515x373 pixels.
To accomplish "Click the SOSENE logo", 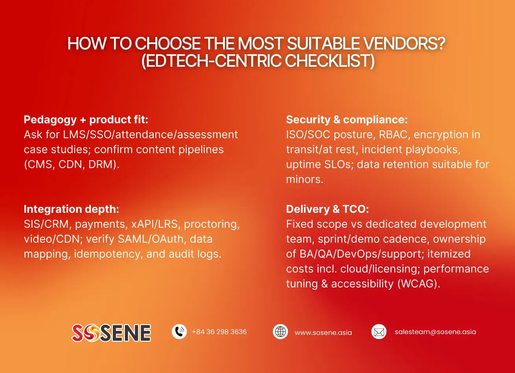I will [x=111, y=333].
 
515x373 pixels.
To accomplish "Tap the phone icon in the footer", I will [x=179, y=332].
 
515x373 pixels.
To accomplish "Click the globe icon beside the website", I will [x=280, y=332].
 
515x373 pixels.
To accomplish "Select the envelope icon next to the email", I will [x=379, y=332].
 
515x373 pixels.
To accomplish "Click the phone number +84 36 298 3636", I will [x=219, y=332].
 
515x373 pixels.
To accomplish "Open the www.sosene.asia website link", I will [x=323, y=333].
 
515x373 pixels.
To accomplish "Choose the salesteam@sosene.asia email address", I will [x=435, y=332].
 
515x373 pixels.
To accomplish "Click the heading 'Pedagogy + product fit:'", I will [x=86, y=120].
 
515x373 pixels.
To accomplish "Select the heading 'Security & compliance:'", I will [x=347, y=120].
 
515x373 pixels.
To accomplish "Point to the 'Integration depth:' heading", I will [x=71, y=209].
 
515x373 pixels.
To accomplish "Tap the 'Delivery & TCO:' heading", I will [x=327, y=209].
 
